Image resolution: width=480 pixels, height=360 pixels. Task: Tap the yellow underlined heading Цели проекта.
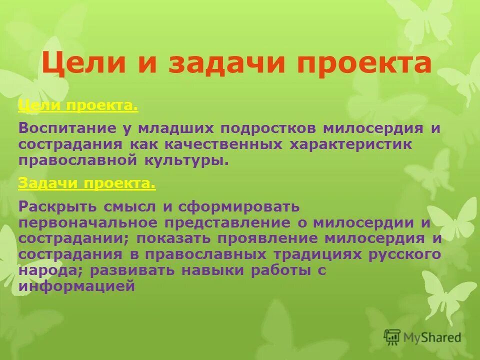[x=77, y=106]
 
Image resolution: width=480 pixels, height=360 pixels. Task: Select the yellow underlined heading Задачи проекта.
[x=86, y=183]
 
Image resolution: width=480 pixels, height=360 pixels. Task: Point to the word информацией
[x=77, y=286]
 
